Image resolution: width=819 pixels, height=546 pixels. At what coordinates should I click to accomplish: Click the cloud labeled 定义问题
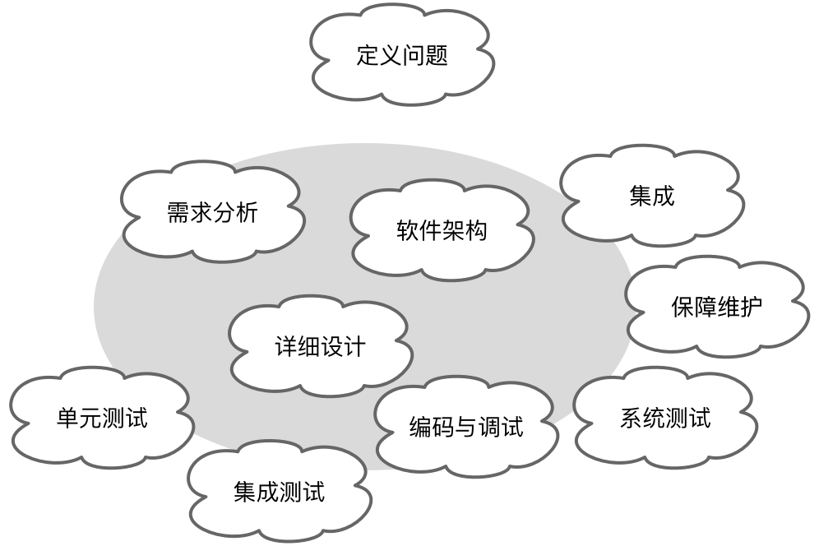click(401, 54)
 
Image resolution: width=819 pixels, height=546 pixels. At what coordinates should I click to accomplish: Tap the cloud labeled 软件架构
click(442, 230)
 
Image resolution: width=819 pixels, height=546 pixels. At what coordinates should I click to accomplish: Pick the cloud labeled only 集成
click(652, 196)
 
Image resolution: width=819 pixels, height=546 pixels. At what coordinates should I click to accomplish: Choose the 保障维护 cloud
click(717, 306)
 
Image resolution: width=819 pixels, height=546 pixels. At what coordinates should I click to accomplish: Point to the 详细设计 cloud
click(321, 346)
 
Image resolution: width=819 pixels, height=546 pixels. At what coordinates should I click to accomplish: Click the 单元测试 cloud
click(102, 418)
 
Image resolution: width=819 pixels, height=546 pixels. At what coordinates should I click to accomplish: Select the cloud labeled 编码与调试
click(466, 426)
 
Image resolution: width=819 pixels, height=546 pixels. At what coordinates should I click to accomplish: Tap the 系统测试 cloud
click(665, 418)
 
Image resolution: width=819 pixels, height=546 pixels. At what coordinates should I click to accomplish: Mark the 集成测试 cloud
click(280, 492)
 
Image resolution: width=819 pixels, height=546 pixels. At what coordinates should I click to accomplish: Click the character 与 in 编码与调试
click(466, 427)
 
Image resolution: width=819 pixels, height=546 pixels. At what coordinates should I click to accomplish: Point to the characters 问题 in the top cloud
click(425, 55)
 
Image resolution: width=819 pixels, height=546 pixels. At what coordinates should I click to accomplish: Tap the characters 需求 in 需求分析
click(190, 213)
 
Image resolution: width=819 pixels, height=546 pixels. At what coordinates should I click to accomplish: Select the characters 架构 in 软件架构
click(465, 230)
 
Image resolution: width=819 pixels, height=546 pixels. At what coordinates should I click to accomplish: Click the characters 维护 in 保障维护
click(739, 307)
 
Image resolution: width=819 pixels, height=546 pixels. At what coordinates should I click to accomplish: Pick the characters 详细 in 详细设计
click(298, 346)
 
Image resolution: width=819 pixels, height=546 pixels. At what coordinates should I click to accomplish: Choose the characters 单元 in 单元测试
click(80, 418)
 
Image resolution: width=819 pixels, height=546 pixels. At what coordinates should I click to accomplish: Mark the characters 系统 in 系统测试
click(642, 418)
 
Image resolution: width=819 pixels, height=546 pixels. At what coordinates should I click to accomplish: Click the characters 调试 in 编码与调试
click(501, 427)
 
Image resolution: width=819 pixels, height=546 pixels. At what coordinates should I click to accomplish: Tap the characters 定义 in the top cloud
click(379, 55)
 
